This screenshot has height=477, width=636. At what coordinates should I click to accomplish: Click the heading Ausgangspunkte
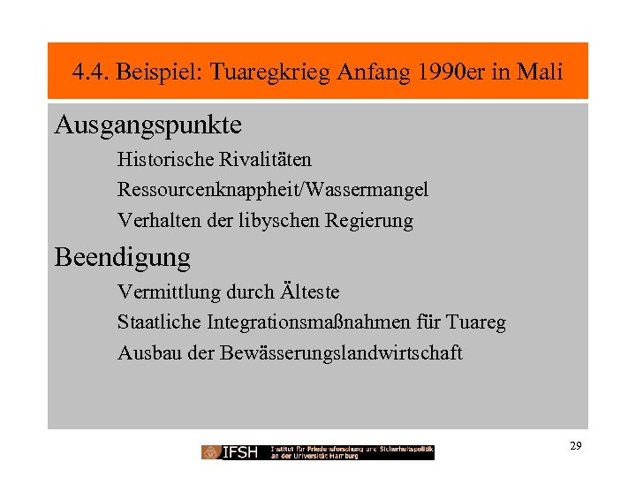148,125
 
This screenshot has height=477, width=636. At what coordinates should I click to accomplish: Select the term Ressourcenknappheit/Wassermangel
273,190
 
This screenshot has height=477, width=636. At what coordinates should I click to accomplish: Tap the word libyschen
278,221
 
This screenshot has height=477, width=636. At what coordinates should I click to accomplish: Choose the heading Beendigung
123,257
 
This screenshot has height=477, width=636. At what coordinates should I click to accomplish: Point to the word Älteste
308,291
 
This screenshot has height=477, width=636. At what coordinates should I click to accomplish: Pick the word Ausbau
144,353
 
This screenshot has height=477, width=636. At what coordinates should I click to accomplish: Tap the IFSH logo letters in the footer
239,452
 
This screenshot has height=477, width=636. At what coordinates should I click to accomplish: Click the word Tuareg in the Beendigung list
478,323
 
